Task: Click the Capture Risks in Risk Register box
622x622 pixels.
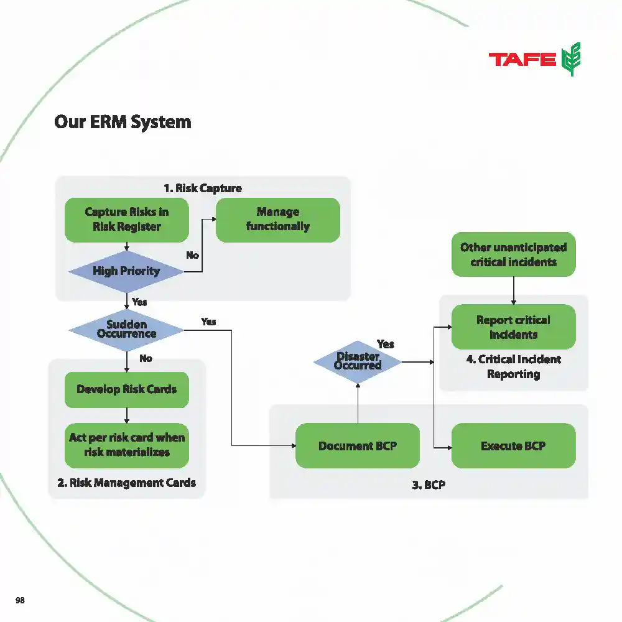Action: pyautogui.click(x=126, y=220)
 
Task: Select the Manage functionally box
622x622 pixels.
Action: pyautogui.click(x=277, y=220)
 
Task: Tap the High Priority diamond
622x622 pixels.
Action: pyautogui.click(x=126, y=271)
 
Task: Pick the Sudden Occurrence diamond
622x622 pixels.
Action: pyautogui.click(x=126, y=329)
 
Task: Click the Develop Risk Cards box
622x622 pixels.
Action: pyautogui.click(x=126, y=390)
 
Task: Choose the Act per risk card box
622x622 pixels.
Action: pyautogui.click(x=126, y=445)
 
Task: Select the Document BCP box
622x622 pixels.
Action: pyautogui.click(x=357, y=446)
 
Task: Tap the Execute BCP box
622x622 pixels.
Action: pyautogui.click(x=513, y=446)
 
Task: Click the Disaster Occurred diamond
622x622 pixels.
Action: pyautogui.click(x=358, y=361)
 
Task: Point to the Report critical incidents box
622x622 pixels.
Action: pyautogui.click(x=513, y=327)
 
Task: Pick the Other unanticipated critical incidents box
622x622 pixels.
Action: pyautogui.click(x=513, y=254)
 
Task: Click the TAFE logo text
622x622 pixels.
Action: pyautogui.click(x=522, y=60)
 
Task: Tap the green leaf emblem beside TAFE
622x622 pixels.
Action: pyautogui.click(x=571, y=60)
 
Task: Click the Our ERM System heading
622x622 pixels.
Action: pyautogui.click(x=123, y=121)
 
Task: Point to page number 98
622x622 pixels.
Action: pyautogui.click(x=20, y=600)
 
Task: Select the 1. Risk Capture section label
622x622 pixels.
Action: pyautogui.click(x=203, y=188)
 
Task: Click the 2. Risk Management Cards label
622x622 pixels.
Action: pyautogui.click(x=126, y=483)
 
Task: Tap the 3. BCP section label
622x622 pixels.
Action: pyautogui.click(x=429, y=485)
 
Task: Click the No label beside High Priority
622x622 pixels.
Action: pyautogui.click(x=193, y=255)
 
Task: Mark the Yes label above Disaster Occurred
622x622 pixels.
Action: pyautogui.click(x=386, y=344)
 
